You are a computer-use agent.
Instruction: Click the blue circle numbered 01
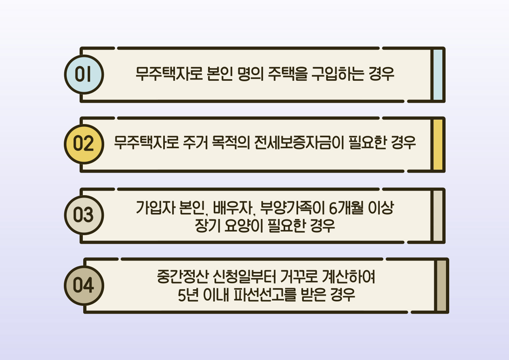(84, 75)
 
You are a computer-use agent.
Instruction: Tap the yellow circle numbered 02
(84, 144)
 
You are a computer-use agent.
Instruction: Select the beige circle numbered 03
(84, 215)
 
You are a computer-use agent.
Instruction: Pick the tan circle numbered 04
(84, 286)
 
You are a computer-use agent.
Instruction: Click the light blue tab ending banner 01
(438, 75)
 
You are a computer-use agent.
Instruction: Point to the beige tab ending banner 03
(438, 215)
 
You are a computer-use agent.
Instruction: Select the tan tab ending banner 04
(442, 286)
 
